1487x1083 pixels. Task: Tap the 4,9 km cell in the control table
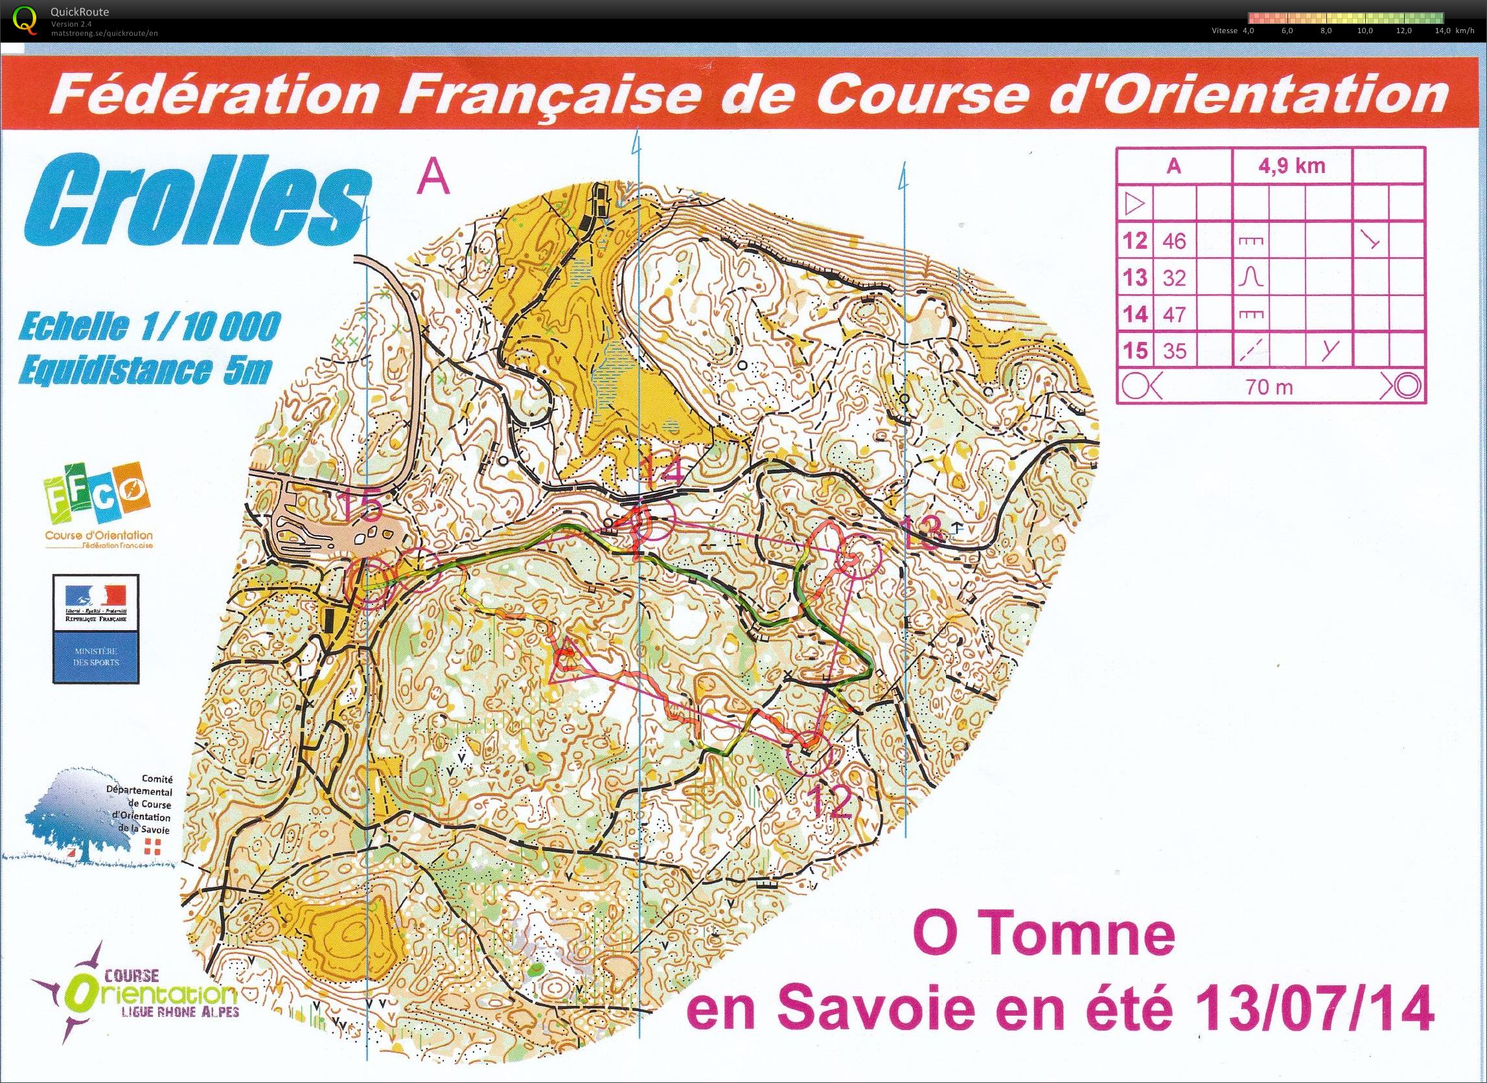pyautogui.click(x=1291, y=165)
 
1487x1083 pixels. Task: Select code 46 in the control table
pyautogui.click(x=1173, y=241)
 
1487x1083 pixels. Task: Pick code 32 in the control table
pyautogui.click(x=1173, y=278)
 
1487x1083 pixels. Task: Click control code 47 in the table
pyautogui.click(x=1173, y=315)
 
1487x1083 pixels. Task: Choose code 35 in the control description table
pyautogui.click(x=1173, y=351)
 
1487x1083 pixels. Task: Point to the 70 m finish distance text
pyautogui.click(x=1269, y=387)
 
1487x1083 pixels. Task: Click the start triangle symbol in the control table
pyautogui.click(x=1135, y=205)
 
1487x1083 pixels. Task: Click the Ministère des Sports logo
pyautogui.click(x=97, y=630)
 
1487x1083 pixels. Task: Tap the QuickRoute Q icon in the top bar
pyautogui.click(x=25, y=19)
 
